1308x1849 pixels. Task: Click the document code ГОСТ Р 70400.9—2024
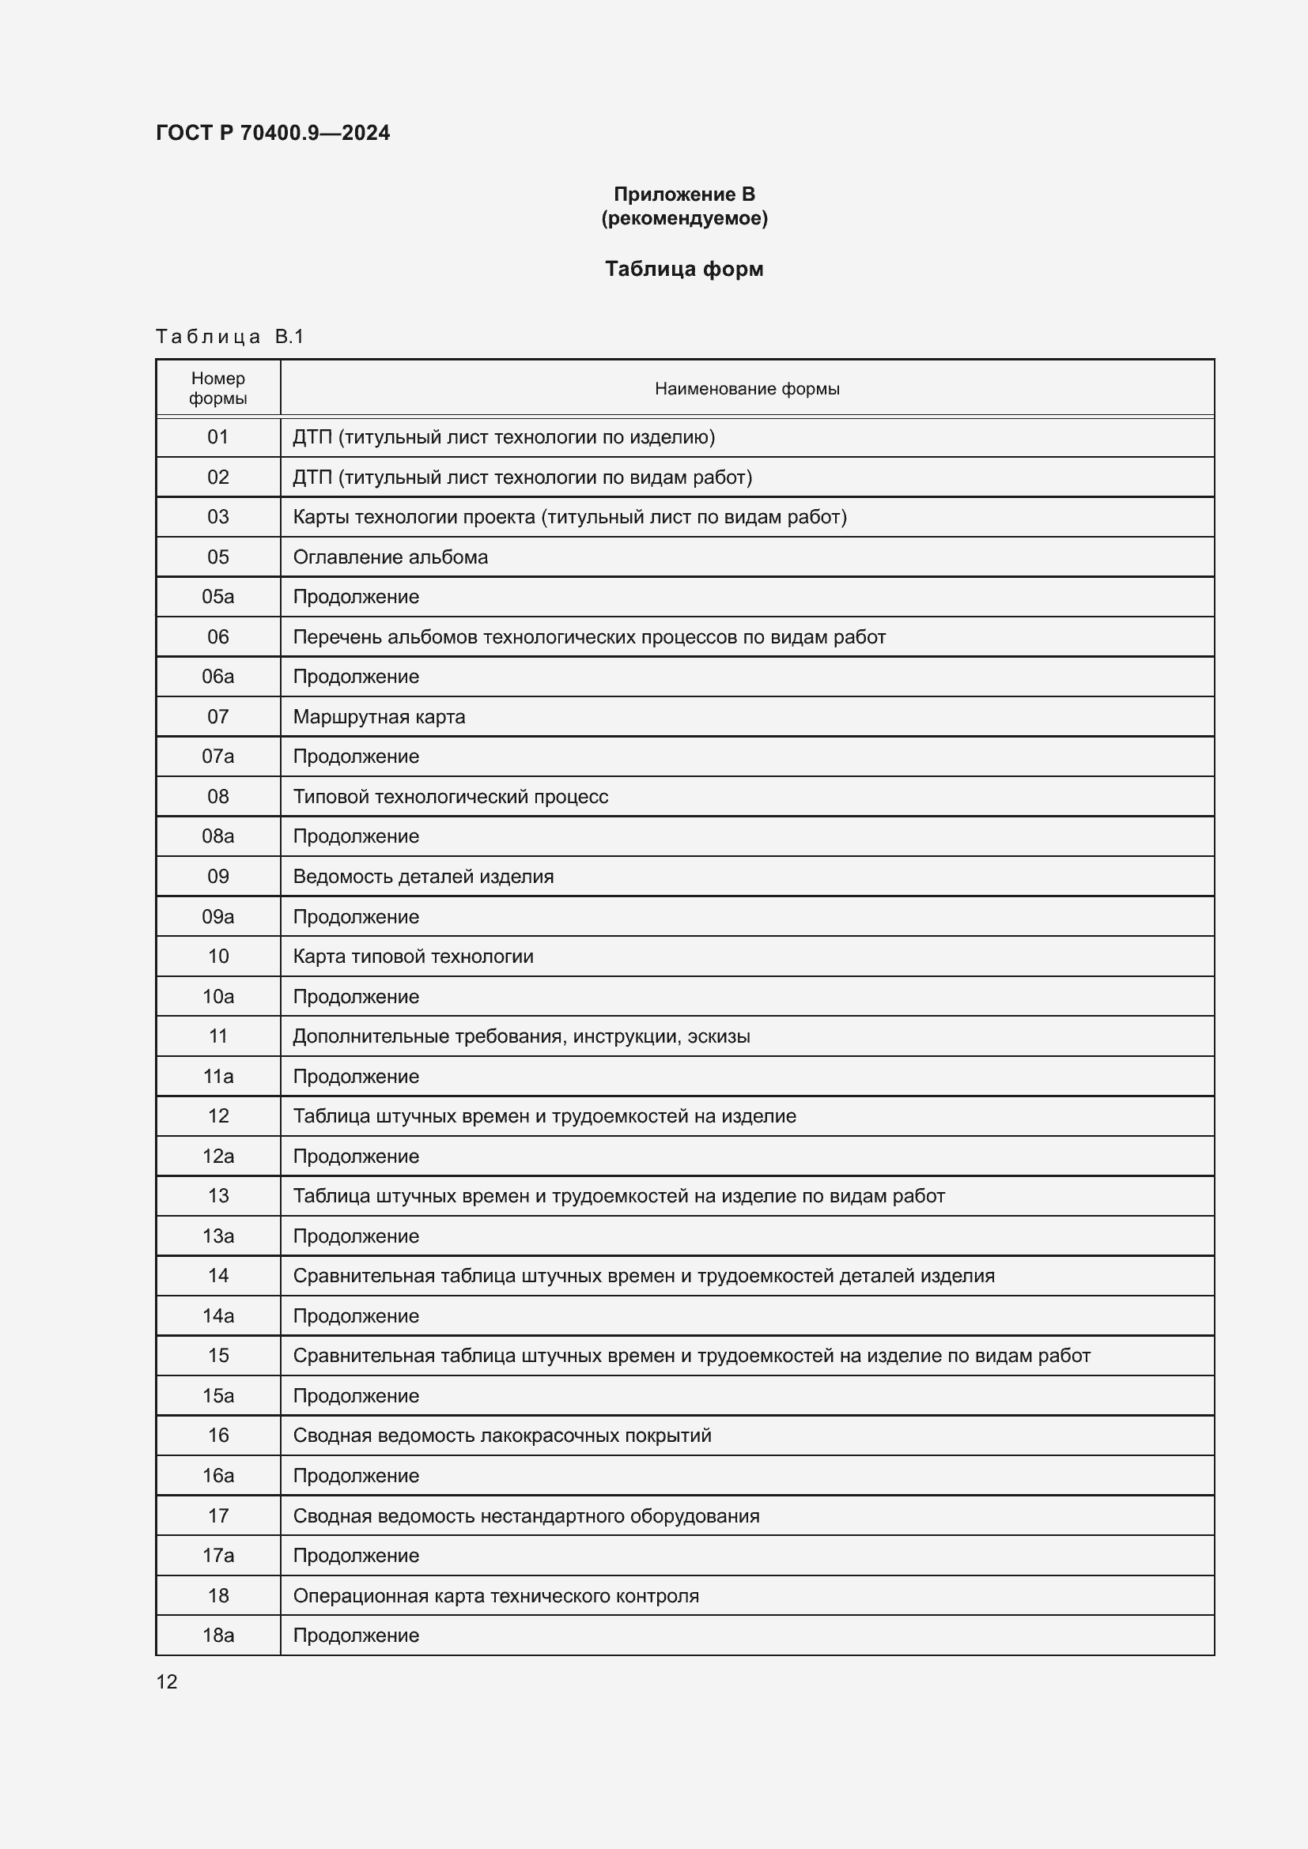pos(272,133)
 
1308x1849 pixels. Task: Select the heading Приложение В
pos(684,194)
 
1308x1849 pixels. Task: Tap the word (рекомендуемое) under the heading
pos(684,218)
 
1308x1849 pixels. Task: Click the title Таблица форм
pos(684,269)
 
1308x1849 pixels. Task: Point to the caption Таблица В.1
pos(229,337)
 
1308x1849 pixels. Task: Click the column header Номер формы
pos(217,388)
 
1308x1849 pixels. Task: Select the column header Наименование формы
pos(747,389)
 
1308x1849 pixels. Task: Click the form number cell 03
pos(217,517)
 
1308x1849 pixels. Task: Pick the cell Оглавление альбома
pos(390,557)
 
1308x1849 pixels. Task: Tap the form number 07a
pos(217,757)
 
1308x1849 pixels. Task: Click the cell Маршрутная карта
pos(379,717)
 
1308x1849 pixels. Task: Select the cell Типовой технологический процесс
pos(450,797)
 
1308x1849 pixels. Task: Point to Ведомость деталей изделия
pos(423,876)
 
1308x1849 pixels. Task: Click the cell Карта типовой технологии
pos(412,956)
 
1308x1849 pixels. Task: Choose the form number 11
pos(217,1036)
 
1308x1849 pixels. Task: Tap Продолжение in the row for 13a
pos(355,1236)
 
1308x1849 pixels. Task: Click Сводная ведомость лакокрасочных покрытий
pos(502,1435)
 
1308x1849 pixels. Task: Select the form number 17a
pos(217,1555)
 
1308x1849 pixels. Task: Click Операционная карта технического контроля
pos(495,1595)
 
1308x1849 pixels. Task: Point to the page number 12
pos(167,1681)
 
